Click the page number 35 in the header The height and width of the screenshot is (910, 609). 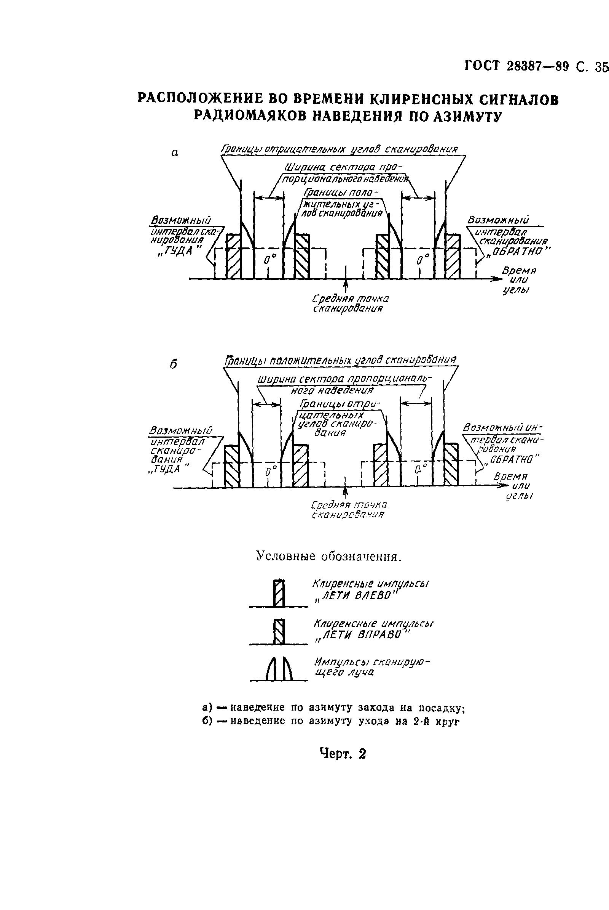601,67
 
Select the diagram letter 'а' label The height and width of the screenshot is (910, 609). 175,153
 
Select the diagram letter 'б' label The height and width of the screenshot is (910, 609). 174,364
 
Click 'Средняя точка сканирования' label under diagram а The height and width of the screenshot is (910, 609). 350,303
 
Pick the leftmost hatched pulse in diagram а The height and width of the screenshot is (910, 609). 233,256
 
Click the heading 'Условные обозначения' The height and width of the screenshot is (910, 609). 328,557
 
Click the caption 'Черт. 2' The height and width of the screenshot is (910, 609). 343,754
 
